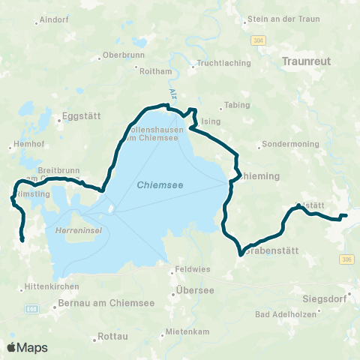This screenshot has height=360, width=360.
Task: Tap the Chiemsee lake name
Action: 161,184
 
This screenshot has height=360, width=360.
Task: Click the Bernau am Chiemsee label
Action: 94,304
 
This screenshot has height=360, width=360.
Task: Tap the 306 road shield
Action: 345,259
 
